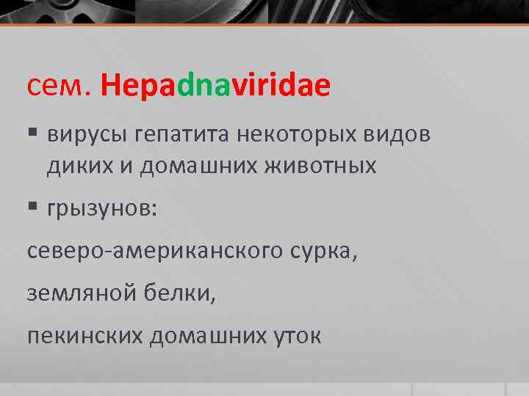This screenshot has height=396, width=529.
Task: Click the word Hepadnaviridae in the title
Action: click(x=216, y=88)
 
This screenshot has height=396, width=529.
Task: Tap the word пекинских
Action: click(x=84, y=335)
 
